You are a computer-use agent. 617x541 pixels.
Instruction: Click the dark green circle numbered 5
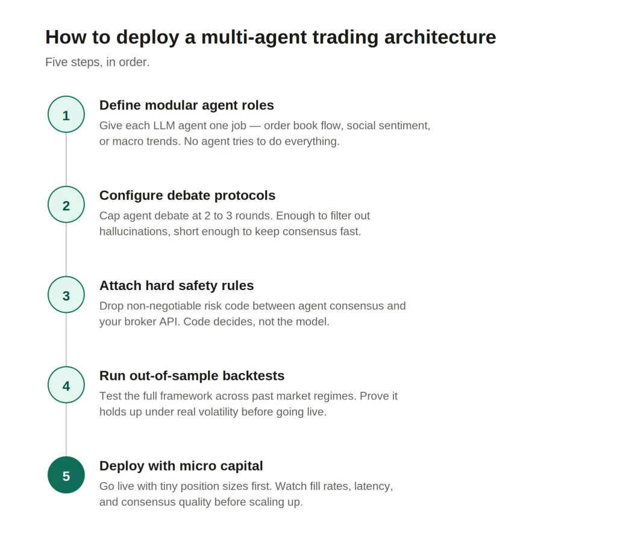click(x=66, y=475)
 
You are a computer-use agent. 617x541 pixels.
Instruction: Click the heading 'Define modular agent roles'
click(x=187, y=105)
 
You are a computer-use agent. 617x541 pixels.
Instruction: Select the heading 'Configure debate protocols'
click(x=187, y=195)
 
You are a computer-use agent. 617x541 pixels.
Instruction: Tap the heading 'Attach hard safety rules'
click(x=177, y=286)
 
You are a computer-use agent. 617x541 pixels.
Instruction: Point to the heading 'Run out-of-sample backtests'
click(x=192, y=376)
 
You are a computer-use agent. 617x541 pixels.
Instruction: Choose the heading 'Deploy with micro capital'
click(x=181, y=466)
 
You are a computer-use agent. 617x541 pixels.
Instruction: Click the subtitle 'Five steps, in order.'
click(x=97, y=62)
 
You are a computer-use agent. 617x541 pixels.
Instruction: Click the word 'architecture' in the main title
click(x=440, y=37)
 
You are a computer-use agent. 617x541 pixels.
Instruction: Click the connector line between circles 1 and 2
click(x=66, y=159)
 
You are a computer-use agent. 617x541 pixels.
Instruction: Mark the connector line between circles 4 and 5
click(x=66, y=430)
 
